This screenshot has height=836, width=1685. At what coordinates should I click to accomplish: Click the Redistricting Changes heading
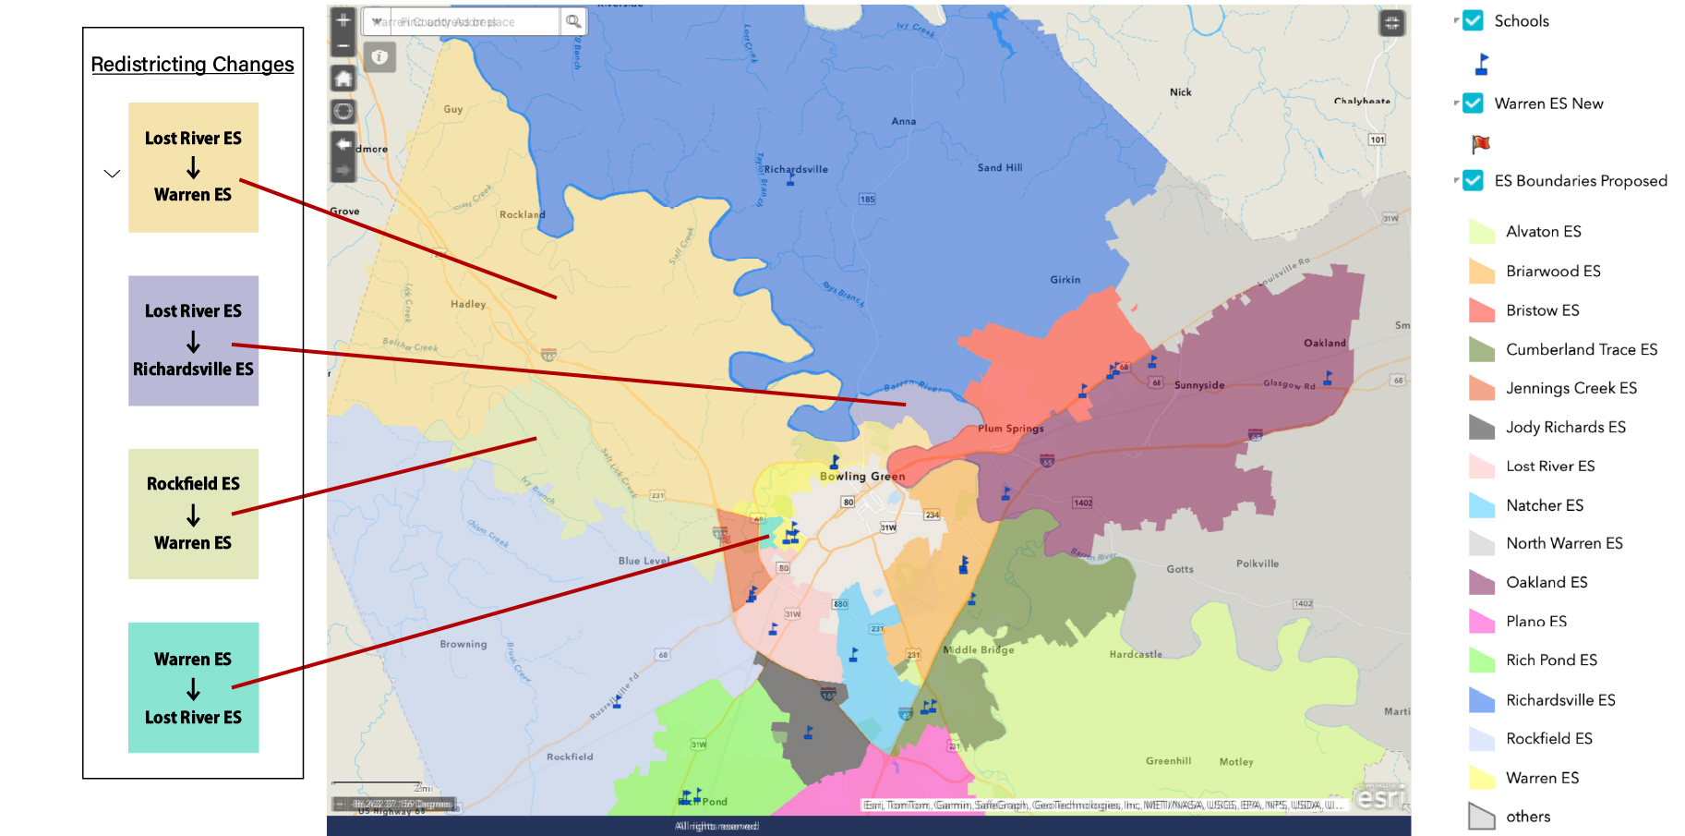pyautogui.click(x=192, y=65)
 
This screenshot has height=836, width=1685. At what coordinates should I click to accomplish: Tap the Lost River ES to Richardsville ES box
pyautogui.click(x=193, y=340)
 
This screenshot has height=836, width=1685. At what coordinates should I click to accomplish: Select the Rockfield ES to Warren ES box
pyautogui.click(x=193, y=514)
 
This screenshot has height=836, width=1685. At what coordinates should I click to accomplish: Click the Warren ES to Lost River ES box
pyautogui.click(x=193, y=687)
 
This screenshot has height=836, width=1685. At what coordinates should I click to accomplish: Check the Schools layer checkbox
pyautogui.click(x=1474, y=21)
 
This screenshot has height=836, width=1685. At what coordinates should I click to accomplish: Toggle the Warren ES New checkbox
pyautogui.click(x=1474, y=103)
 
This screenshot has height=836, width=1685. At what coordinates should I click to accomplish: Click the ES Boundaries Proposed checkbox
pyautogui.click(x=1474, y=181)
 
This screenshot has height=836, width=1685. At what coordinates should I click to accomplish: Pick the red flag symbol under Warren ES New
pyautogui.click(x=1481, y=143)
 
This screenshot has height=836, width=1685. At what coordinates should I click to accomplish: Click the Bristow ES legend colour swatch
pyautogui.click(x=1481, y=310)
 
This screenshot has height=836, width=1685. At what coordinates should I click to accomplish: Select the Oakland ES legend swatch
pyautogui.click(x=1481, y=582)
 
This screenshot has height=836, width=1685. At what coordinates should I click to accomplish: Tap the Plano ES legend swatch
pyautogui.click(x=1481, y=621)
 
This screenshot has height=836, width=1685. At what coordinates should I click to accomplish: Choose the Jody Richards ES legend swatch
pyautogui.click(x=1481, y=427)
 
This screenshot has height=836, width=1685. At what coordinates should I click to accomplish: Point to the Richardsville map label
pyautogui.click(x=796, y=170)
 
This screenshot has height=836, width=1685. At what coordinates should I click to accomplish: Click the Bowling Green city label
pyautogui.click(x=862, y=477)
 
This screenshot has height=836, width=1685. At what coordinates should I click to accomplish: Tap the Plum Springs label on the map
pyautogui.click(x=1011, y=429)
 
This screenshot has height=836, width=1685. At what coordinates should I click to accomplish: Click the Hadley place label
pyautogui.click(x=468, y=304)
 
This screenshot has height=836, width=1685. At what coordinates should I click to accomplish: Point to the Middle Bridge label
pyautogui.click(x=979, y=650)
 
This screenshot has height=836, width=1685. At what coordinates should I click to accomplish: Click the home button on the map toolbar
pyautogui.click(x=343, y=79)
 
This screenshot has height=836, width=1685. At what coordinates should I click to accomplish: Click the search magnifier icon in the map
pyautogui.click(x=573, y=21)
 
